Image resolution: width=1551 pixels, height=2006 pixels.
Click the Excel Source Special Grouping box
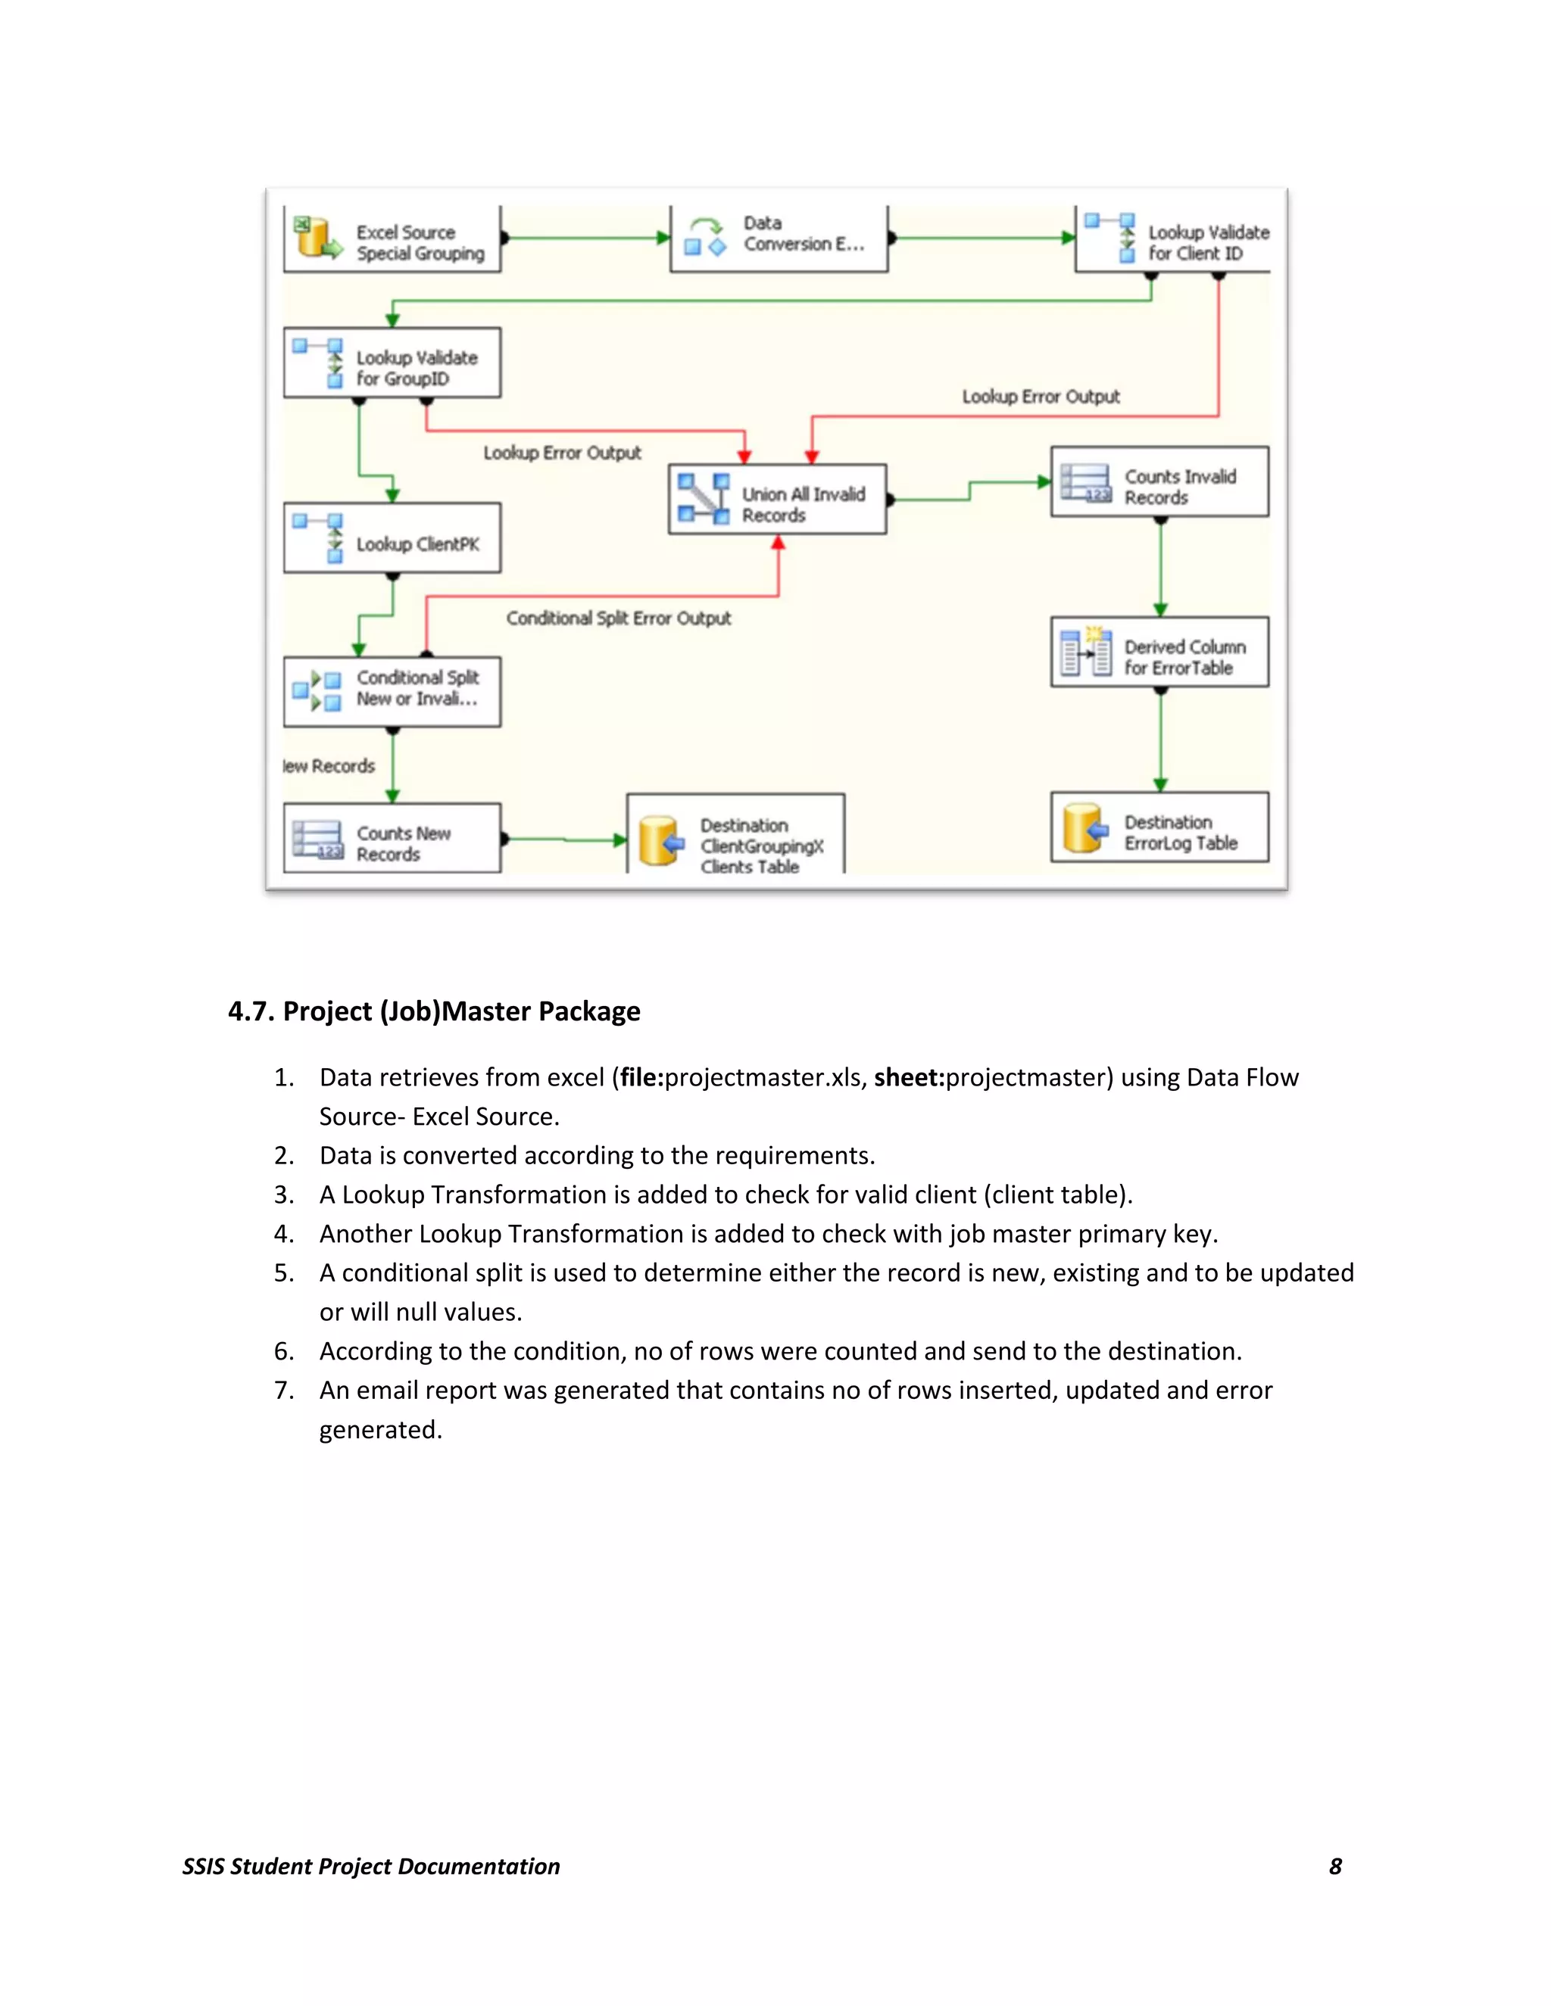coord(392,240)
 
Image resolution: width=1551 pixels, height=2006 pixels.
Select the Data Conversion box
coord(779,238)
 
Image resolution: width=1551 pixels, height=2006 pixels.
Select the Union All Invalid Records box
coord(777,500)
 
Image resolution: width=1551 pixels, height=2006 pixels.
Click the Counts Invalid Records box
coord(1159,483)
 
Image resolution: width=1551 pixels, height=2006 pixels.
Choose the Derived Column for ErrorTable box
coord(1159,653)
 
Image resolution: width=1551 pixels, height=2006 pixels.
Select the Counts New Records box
coord(392,839)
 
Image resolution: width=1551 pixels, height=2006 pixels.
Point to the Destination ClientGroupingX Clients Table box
coord(735,836)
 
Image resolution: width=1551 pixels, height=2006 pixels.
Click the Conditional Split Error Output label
coord(619,619)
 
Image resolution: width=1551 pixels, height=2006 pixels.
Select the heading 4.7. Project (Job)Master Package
coord(434,1011)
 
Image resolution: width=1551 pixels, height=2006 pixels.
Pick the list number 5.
coord(284,1273)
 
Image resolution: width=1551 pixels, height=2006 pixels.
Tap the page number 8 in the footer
coord(1335,1867)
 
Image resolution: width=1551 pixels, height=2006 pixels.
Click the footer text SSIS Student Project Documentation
coord(371,1867)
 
